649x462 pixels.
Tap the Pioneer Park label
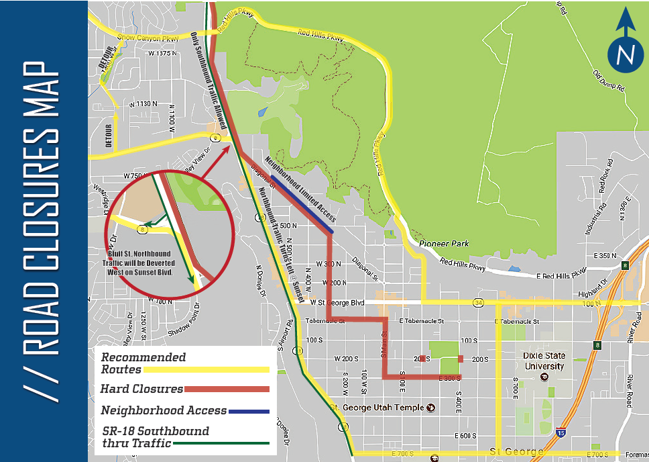click(x=444, y=243)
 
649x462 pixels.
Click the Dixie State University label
click(x=544, y=361)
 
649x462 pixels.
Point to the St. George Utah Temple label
click(x=378, y=408)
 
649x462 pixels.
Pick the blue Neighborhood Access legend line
click(x=249, y=410)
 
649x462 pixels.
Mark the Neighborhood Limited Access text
click(x=300, y=189)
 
